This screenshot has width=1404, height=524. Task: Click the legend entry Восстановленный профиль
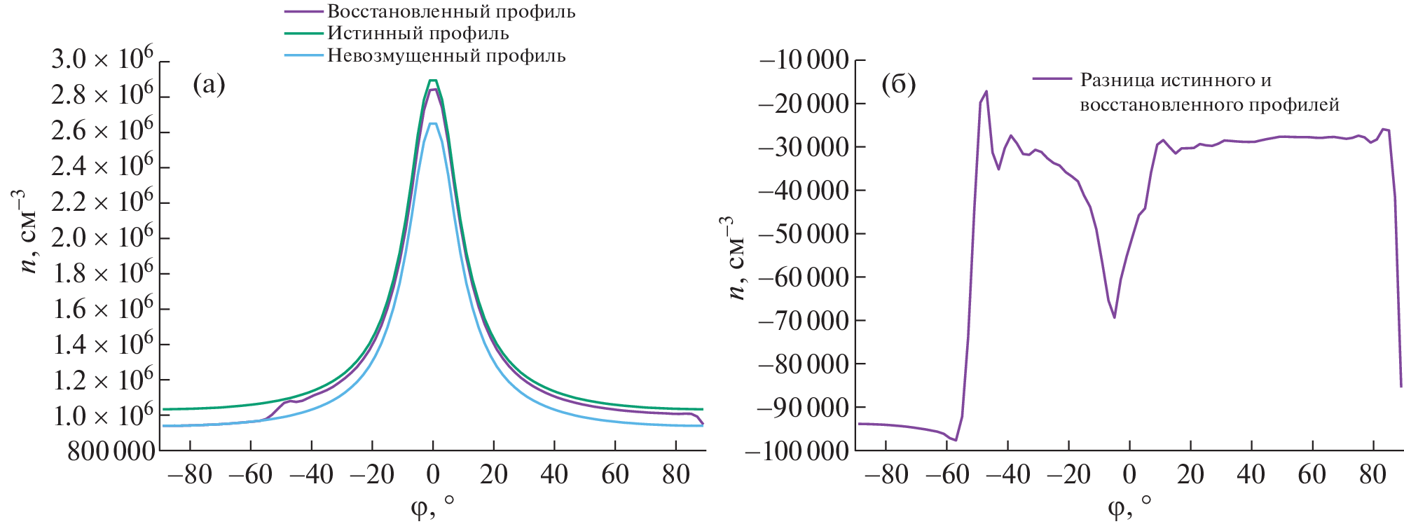click(451, 11)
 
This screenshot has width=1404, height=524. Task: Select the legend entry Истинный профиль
click(418, 33)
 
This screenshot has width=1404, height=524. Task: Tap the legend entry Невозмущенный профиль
click(446, 55)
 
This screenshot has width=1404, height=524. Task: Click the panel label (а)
click(209, 84)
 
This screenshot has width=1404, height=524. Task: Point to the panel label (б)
click(899, 84)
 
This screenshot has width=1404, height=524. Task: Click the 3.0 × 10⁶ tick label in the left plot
click(102, 60)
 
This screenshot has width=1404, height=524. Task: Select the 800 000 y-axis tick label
click(111, 452)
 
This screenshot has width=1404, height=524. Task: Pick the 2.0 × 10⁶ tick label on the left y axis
click(102, 238)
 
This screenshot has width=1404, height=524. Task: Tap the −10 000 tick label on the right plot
click(804, 60)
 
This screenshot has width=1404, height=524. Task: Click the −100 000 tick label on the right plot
click(797, 451)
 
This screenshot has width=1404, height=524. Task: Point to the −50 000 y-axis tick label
click(804, 234)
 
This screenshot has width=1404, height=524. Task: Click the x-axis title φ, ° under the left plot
click(432, 506)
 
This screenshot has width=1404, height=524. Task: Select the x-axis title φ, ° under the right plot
click(1129, 506)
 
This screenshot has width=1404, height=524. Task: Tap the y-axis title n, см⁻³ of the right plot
click(734, 258)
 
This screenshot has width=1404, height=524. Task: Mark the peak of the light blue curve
click(433, 123)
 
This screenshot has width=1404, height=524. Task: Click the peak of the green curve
click(433, 80)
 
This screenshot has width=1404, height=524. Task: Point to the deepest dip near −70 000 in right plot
click(1114, 317)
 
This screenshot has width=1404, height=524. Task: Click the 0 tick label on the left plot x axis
click(433, 475)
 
